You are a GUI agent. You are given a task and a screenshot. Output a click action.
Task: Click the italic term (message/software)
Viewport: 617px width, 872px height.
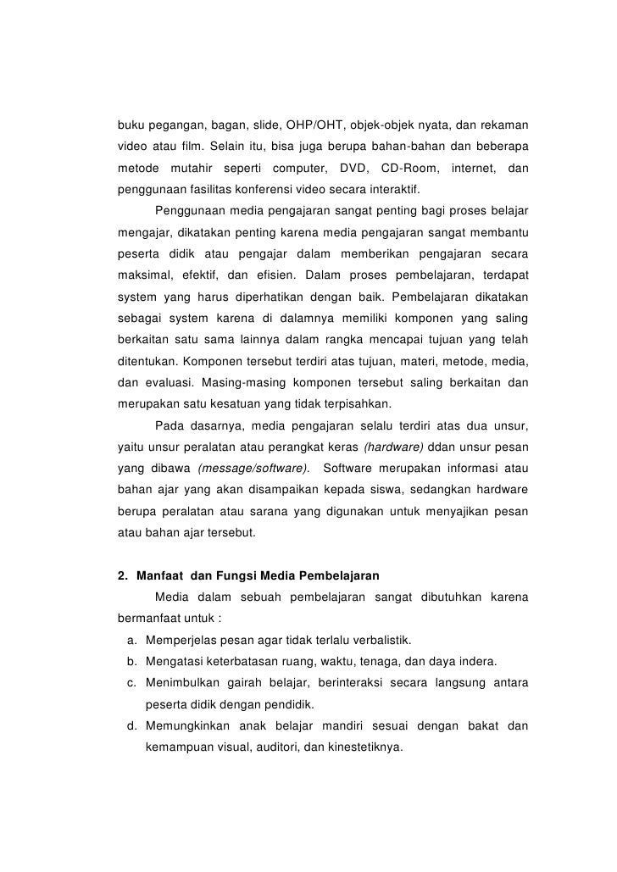pos(252,469)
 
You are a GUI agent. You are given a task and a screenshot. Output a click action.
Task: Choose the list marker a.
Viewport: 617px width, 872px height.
pos(131,638)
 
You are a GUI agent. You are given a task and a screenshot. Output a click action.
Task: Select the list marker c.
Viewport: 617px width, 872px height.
pos(131,682)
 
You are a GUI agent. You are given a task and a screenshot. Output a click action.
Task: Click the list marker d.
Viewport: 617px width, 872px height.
pos(131,726)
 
